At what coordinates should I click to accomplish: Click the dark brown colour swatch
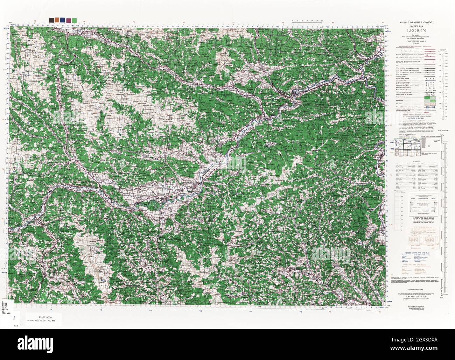[52, 20]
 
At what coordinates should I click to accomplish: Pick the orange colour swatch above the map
[57, 20]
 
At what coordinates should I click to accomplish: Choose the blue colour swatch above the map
[62, 20]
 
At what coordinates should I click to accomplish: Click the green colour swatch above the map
[74, 20]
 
